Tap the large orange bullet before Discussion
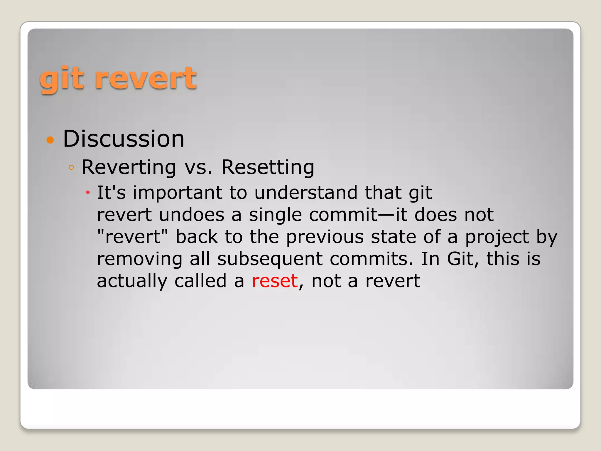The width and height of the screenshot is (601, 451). tap(50, 140)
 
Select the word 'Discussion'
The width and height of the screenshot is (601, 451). tap(124, 139)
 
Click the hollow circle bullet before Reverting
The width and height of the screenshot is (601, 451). tap(71, 168)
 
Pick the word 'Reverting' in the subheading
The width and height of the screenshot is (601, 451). tap(129, 167)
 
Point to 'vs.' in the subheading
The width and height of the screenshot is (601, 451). tap(198, 167)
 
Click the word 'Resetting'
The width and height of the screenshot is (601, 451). tap(268, 167)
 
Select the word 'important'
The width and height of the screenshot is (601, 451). tap(177, 193)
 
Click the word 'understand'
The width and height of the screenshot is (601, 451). tap(306, 193)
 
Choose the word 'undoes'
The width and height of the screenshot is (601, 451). tap(192, 215)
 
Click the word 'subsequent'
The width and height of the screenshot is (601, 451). tap(270, 259)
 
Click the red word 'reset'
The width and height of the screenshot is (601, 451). tap(275, 281)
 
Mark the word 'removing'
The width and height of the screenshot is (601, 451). tap(139, 259)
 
